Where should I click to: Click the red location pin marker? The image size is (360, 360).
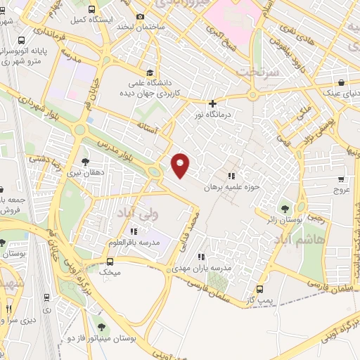coord(181,165)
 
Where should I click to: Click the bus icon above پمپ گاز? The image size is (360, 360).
coord(261,288)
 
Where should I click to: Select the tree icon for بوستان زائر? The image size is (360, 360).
coord(285,208)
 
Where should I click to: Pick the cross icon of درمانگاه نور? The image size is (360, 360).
coord(212,103)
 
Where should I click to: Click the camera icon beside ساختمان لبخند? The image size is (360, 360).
coord(141,17)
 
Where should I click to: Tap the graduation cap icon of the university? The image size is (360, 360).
coord(150,72)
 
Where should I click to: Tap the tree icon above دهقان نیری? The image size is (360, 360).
coord(85,162)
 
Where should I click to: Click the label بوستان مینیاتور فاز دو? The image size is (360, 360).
coord(106,338)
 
